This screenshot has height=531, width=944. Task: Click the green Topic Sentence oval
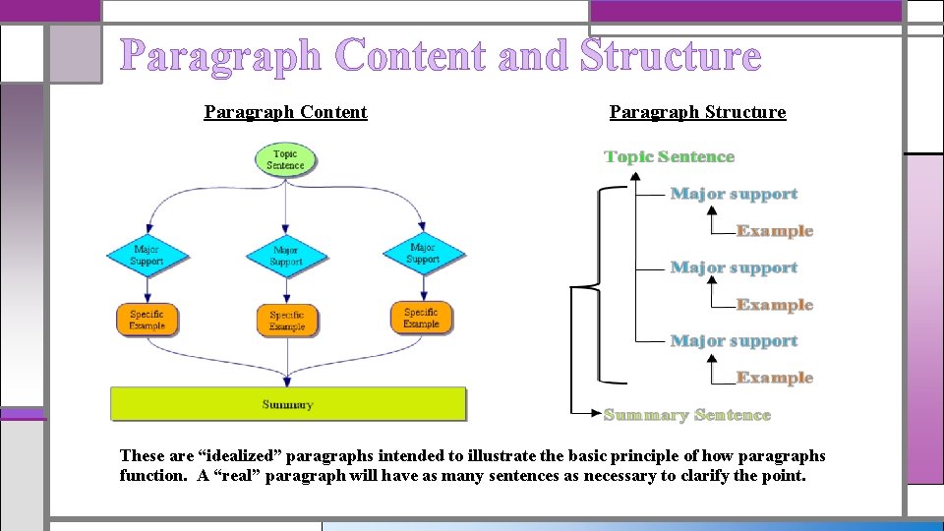pos(285,159)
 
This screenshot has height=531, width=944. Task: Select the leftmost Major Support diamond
pos(147,256)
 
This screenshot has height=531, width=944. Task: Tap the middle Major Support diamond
pos(286,256)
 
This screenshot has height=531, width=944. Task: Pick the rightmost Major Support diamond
pos(423,254)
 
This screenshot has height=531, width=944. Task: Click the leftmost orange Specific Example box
pos(147,320)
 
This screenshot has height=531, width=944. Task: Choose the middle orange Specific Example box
pos(287,321)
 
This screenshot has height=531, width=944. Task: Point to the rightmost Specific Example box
pos(422,318)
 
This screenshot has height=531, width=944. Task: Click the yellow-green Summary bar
pos(288,404)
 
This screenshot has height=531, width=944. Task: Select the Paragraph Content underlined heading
pos(286,112)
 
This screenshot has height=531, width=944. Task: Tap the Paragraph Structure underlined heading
pos(698,112)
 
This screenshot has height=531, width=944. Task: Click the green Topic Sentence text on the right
pos(670,156)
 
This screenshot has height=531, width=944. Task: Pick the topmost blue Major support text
pos(734,194)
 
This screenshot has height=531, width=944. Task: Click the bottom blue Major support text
pos(734,341)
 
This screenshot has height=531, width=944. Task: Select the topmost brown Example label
pos(775,230)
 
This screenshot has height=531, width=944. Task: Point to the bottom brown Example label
pos(775,378)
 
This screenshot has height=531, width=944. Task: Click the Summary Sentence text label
pos(687,415)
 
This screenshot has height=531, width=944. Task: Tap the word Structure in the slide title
pos(671,55)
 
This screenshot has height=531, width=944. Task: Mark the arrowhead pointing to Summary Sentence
pos(596,413)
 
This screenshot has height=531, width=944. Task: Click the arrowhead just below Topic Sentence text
pos(635,176)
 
